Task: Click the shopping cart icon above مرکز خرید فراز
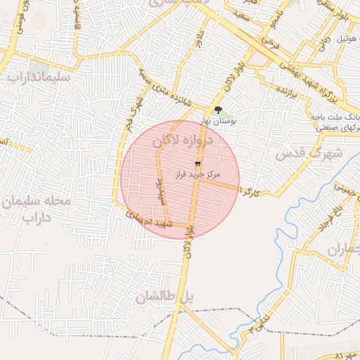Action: coord(198,163)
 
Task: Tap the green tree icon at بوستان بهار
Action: coord(217,110)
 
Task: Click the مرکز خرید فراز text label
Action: coord(197,173)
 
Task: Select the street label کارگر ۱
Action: coord(250,191)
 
